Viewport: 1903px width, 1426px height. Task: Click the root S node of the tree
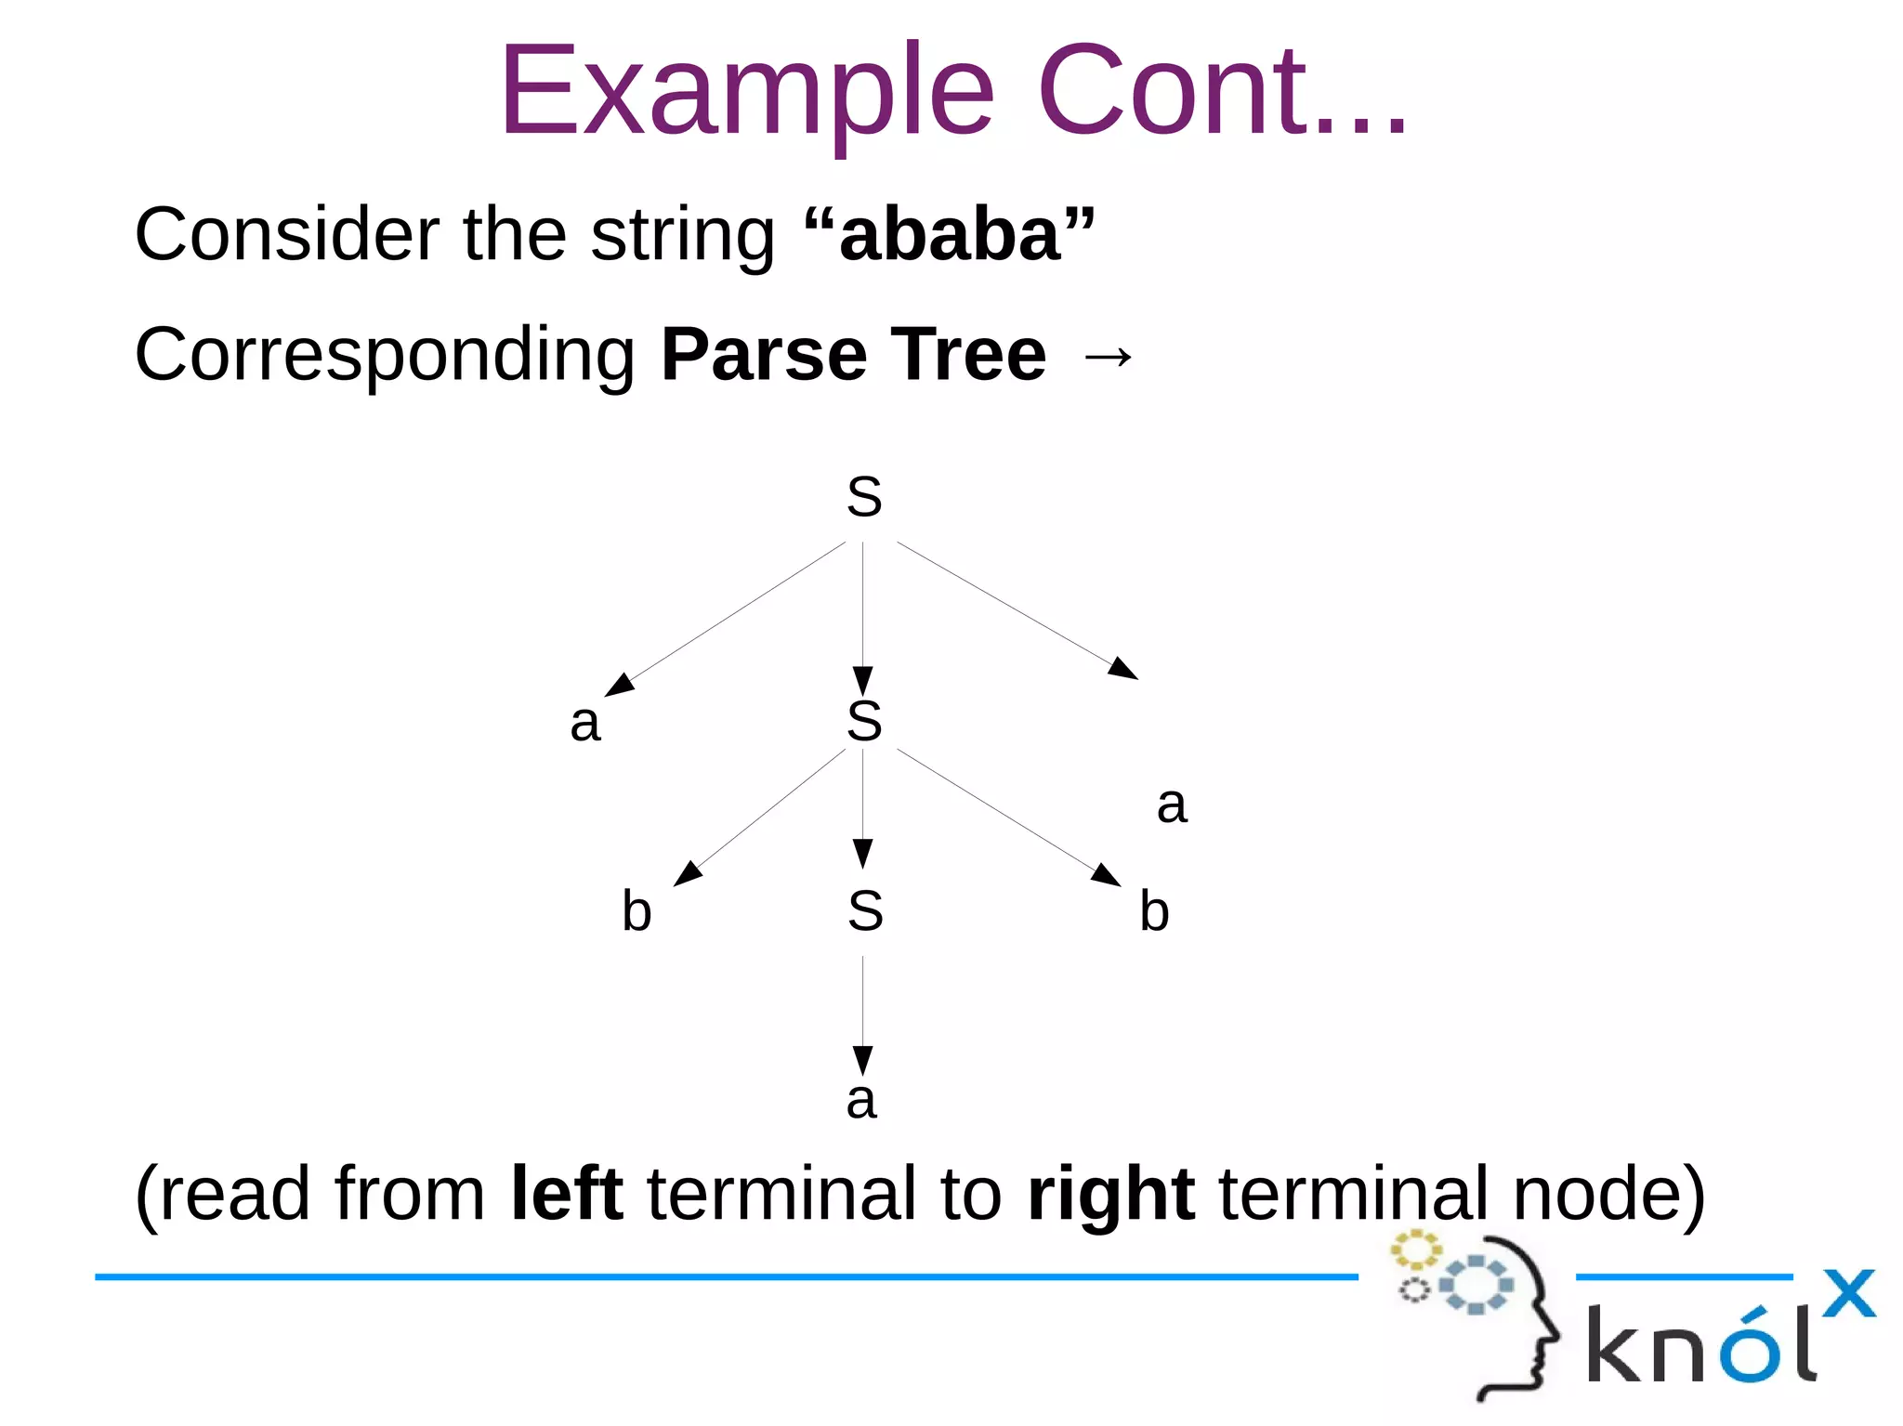tap(864, 497)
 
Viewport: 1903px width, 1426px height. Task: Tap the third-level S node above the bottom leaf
tap(865, 911)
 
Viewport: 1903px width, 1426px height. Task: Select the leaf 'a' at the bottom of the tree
tap(861, 1101)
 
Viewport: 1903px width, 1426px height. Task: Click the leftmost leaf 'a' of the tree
tap(585, 723)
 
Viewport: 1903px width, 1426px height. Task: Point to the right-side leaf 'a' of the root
tap(1172, 805)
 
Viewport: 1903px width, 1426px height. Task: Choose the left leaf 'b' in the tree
tap(637, 910)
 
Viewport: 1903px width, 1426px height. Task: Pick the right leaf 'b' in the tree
tap(1154, 910)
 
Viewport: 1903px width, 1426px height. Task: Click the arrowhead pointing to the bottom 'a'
tap(862, 1059)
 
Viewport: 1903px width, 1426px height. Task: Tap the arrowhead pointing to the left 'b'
tap(688, 873)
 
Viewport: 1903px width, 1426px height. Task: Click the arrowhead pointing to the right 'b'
tap(1106, 875)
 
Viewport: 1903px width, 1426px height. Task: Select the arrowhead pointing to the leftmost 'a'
tap(619, 685)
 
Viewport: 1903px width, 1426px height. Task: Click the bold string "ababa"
tap(950, 235)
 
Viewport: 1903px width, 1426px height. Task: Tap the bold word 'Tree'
tap(968, 355)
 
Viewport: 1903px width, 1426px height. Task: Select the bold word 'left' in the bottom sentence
tap(567, 1194)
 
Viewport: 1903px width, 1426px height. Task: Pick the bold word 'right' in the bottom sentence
tap(1110, 1196)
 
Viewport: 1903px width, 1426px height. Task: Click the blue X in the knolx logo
tap(1848, 1293)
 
